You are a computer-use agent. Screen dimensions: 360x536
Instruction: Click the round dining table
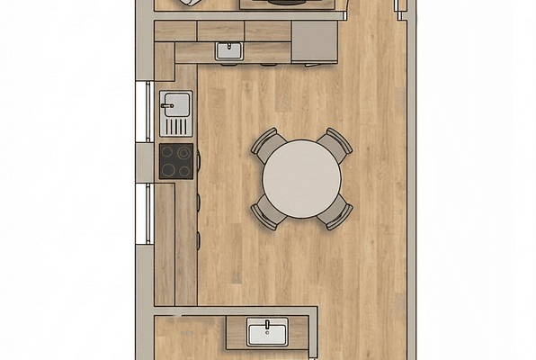[x=301, y=178]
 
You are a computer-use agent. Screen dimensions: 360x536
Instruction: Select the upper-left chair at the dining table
[x=268, y=144]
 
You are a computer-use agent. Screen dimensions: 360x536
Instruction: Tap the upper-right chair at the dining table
[x=336, y=143]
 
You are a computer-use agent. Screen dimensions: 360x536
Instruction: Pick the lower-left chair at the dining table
[x=267, y=213]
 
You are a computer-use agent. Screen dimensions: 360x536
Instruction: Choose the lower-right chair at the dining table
[x=336, y=214]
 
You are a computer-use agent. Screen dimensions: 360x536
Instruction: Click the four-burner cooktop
[x=176, y=161]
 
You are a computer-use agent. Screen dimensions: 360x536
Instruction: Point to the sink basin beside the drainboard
[x=175, y=102]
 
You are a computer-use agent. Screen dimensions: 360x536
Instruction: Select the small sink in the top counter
[x=229, y=51]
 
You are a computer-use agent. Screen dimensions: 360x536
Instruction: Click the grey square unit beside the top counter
[x=314, y=40]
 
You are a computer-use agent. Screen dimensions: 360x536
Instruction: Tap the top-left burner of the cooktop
[x=168, y=153]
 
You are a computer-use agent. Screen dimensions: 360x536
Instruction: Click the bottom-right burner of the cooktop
[x=184, y=170]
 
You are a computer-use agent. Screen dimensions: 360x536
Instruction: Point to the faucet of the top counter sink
[x=229, y=44]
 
